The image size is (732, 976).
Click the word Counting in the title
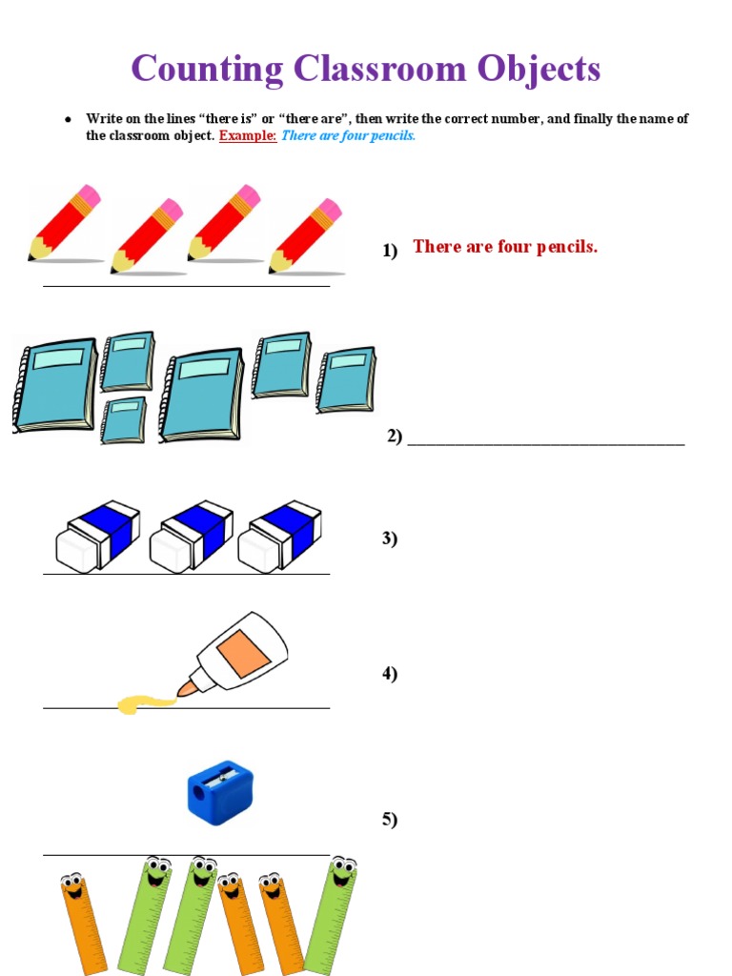pos(208,69)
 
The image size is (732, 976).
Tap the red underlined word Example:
pos(248,135)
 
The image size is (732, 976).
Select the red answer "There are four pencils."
pos(505,247)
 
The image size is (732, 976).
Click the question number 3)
pos(390,539)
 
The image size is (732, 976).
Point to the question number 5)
pos(390,819)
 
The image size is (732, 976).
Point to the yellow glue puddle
pos(144,704)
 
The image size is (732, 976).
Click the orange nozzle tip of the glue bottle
pos(185,688)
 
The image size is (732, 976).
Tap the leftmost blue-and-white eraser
pos(97,536)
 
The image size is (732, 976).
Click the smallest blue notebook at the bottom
pos(124,420)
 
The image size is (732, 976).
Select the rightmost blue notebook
pos(346,378)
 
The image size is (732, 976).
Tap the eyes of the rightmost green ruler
pos(342,865)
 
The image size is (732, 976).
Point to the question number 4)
pos(390,674)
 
